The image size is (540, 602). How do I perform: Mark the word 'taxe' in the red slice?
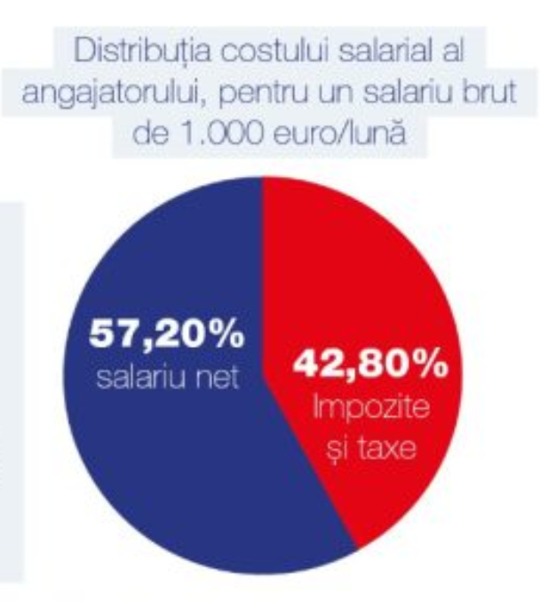[x=385, y=447]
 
